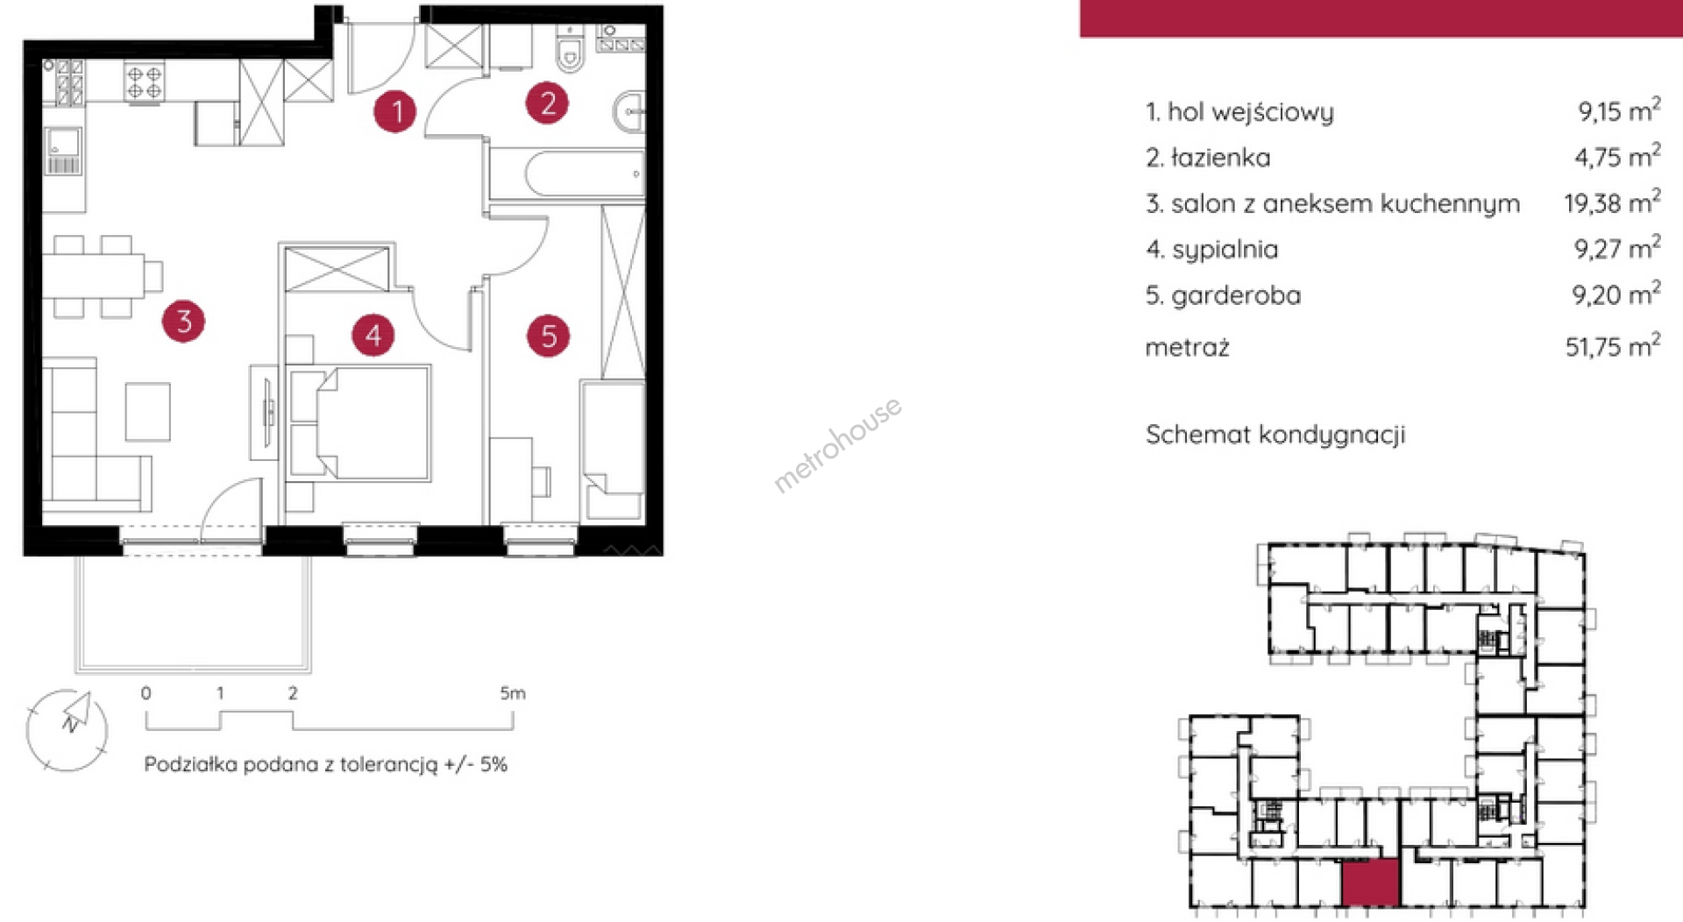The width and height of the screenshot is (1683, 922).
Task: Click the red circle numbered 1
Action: [x=394, y=111]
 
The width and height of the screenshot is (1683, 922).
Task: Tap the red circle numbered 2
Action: [x=547, y=103]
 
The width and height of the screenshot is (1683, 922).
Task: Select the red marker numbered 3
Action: [x=183, y=321]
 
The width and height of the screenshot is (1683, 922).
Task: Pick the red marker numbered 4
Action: [x=373, y=335]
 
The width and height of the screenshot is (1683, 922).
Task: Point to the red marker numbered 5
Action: [x=549, y=336]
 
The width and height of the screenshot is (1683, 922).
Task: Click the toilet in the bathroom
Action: [x=570, y=49]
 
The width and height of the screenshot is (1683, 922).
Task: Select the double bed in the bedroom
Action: [x=359, y=422]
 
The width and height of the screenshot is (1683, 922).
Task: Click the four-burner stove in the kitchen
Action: [x=145, y=82]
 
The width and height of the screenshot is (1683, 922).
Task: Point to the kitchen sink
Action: [x=63, y=151]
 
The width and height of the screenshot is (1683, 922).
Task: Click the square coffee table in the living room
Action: [x=147, y=411]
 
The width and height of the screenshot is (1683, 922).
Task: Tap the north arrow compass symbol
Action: [x=67, y=730]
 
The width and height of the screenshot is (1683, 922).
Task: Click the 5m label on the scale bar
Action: [x=513, y=693]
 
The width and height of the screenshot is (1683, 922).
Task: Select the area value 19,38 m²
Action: [x=1612, y=202]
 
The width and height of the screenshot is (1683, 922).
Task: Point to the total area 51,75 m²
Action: [x=1613, y=345]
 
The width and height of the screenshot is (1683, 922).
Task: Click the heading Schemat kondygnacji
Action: [x=1275, y=435]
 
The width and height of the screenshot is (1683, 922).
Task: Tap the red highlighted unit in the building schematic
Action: [x=1370, y=883]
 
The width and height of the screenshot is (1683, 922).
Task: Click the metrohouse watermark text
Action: [x=837, y=444]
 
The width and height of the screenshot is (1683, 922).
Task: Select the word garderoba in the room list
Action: [x=1236, y=296]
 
